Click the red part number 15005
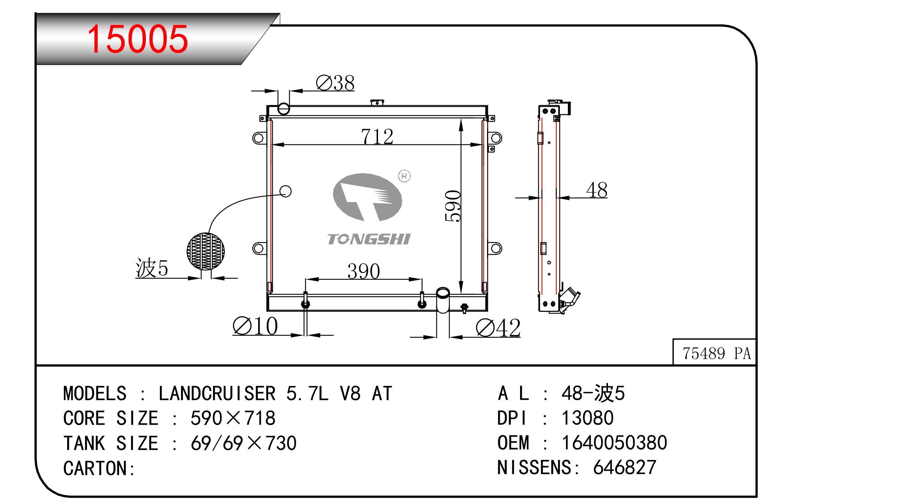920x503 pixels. [x=137, y=39]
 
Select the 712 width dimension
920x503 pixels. [x=377, y=136]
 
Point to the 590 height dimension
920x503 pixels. [x=453, y=206]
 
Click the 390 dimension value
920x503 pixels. [x=364, y=271]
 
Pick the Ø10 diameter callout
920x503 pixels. [x=255, y=326]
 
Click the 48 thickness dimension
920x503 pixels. [x=597, y=190]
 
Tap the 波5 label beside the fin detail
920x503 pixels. [x=152, y=268]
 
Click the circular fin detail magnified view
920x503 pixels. [x=206, y=251]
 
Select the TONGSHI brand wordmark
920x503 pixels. [x=368, y=239]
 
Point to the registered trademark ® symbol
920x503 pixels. [x=404, y=176]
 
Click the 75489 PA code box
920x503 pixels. [x=716, y=353]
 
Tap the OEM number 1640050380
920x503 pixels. [x=614, y=443]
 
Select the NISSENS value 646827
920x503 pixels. [x=625, y=467]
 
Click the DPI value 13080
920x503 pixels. [x=588, y=418]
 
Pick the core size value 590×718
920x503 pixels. [x=233, y=418]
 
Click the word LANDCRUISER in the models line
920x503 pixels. [x=217, y=393]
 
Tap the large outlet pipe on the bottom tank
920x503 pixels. [x=443, y=301]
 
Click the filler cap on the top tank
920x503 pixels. [x=377, y=102]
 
